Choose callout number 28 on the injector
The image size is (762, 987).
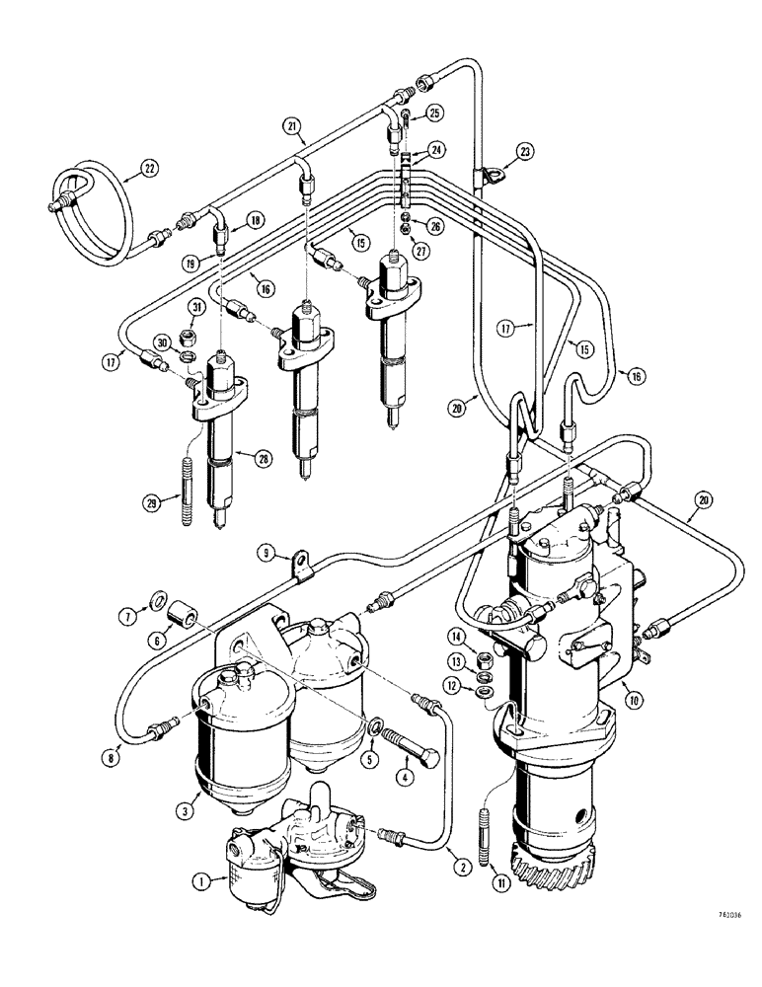263,458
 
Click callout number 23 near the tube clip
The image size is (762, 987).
525,151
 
